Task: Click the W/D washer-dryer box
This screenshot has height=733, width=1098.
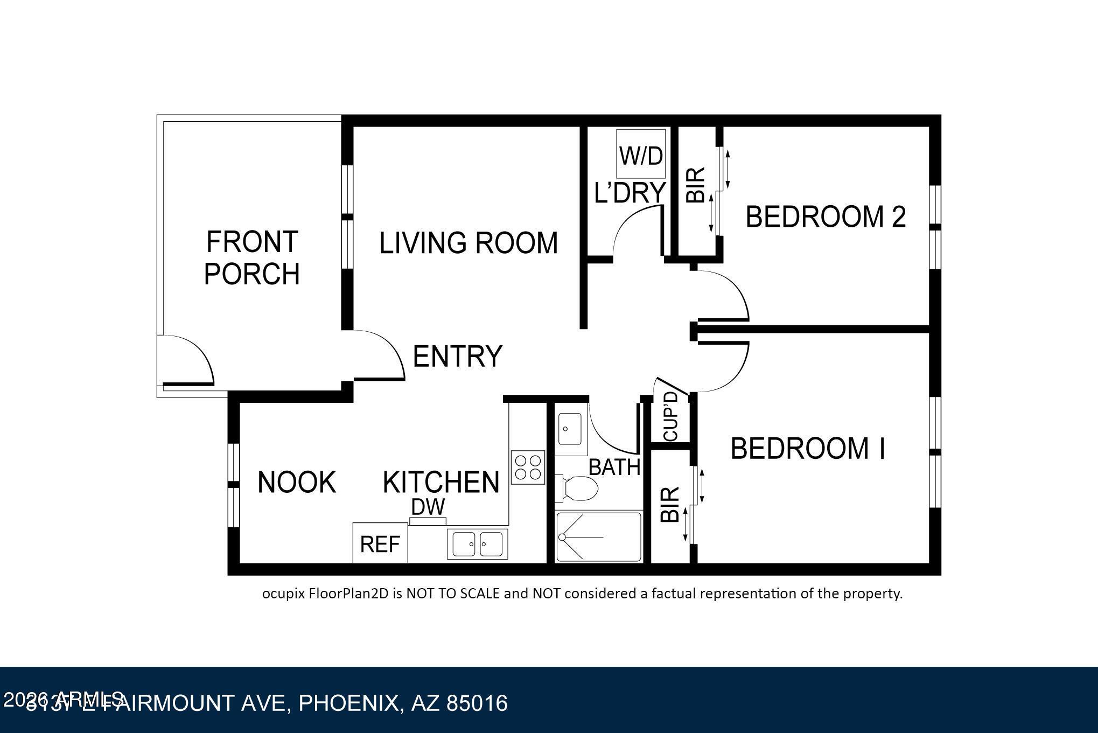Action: click(641, 155)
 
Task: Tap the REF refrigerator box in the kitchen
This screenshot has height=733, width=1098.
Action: click(380, 543)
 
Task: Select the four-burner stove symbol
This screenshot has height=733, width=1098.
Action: click(528, 467)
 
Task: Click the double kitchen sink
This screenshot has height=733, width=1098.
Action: click(477, 543)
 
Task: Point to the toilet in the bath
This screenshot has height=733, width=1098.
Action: click(577, 488)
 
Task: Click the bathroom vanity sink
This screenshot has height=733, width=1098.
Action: click(569, 429)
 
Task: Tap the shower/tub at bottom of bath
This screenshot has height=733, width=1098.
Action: click(598, 537)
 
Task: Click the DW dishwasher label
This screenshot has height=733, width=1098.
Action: click(428, 507)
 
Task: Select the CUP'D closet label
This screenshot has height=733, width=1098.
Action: click(670, 416)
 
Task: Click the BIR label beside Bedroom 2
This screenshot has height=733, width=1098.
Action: click(695, 185)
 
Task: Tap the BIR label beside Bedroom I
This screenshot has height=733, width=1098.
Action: click(670, 505)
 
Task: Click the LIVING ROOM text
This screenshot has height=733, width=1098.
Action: click(468, 243)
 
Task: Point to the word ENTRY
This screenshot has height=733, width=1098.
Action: click(457, 356)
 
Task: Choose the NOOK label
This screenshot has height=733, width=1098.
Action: click(297, 482)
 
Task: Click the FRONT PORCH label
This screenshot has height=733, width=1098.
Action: click(252, 257)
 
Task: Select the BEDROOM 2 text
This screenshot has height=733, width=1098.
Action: click(826, 217)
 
